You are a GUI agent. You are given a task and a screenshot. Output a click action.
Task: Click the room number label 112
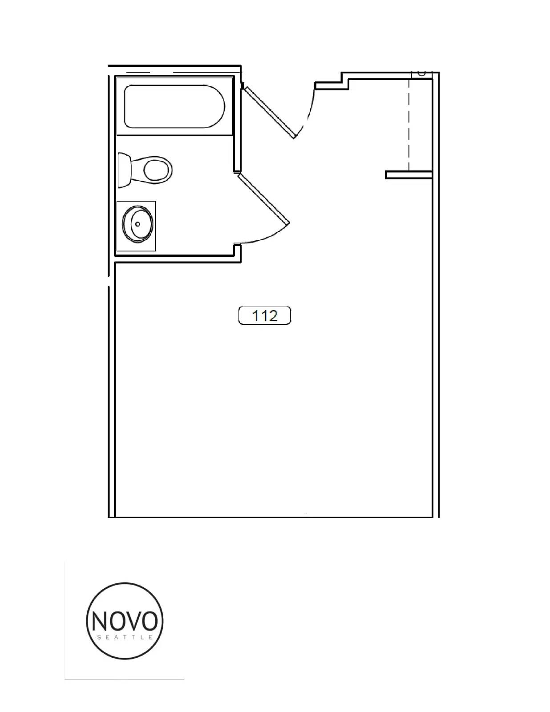[x=264, y=316]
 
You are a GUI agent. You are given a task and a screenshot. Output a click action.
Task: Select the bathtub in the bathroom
[x=174, y=106]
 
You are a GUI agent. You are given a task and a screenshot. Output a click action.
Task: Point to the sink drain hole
[x=137, y=224]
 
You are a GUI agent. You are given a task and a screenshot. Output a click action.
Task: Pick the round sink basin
[x=137, y=224]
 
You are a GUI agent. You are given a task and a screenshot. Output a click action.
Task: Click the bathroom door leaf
[x=263, y=199]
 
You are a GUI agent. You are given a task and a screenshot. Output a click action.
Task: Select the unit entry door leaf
[x=269, y=112]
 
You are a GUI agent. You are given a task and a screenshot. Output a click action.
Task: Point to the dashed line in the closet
[x=409, y=125]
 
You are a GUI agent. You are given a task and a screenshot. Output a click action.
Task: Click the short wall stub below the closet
[x=408, y=175]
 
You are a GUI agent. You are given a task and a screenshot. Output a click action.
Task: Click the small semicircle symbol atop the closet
[x=422, y=74]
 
